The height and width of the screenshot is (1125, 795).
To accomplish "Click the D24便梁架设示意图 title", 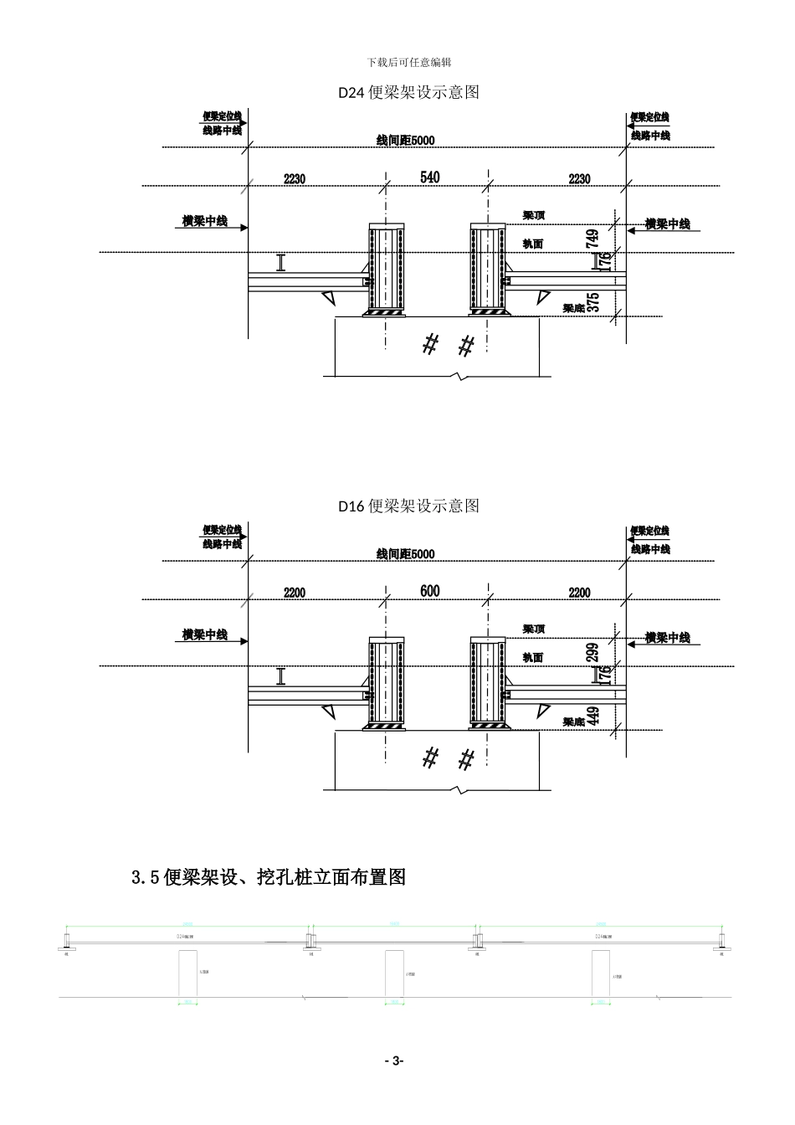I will [x=408, y=93].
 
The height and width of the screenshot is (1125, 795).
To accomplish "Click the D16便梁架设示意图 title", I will [x=408, y=506].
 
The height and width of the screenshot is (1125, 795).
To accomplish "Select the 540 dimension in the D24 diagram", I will [x=429, y=177].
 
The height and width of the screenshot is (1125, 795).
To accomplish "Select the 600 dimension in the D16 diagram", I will [x=429, y=591].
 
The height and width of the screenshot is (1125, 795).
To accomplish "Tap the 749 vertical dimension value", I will [x=593, y=238].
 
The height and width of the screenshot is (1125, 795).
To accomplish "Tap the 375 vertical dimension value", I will [x=593, y=302].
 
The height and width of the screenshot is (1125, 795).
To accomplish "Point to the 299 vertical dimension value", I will [x=593, y=652].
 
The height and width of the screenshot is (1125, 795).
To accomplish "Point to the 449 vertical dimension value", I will [x=593, y=716].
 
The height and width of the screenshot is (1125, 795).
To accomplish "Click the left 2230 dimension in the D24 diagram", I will [x=295, y=179].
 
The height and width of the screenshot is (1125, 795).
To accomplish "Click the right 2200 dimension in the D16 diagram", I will [x=579, y=593].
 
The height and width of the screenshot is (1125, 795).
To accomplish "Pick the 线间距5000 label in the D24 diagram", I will [x=406, y=140].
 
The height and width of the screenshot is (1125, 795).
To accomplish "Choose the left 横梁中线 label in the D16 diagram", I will [x=205, y=635].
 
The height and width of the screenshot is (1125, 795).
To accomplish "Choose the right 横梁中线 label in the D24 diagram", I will [x=667, y=224].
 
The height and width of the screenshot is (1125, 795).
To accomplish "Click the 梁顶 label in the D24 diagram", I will [x=534, y=215].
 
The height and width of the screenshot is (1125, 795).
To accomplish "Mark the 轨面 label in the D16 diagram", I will [x=533, y=658].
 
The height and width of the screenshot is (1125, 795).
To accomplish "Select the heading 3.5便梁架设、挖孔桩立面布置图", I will [x=269, y=877].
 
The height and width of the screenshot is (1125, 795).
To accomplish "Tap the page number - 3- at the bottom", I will [x=393, y=1061].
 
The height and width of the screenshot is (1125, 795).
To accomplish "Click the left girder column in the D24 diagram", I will [x=386, y=270].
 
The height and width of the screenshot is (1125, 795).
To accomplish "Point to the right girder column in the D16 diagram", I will [x=488, y=683].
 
